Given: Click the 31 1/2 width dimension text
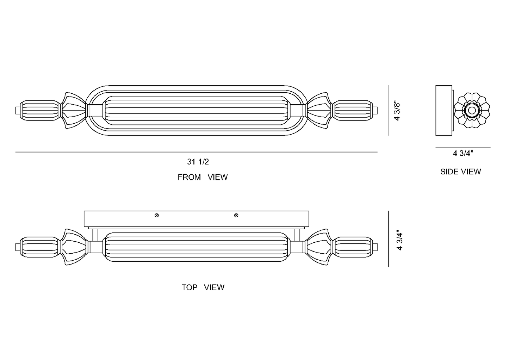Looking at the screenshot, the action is pos(198,162).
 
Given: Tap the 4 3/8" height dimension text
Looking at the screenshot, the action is pos(397,111).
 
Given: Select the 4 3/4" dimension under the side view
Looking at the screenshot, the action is pos(463,154).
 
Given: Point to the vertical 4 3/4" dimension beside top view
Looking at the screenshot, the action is pos(399,241).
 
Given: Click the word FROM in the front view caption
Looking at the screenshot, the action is pos(189,177).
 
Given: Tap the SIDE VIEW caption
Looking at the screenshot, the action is pos(461,172).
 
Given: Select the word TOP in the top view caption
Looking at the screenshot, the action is pos(190,287).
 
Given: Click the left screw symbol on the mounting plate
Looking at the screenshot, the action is pos(156,216).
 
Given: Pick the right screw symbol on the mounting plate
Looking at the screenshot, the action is pos(236,216).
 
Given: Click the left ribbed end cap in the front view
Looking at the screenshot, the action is pos(40,111).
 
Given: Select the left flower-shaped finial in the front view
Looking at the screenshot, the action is pos(74,111).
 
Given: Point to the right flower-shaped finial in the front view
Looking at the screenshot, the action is pos(318,111).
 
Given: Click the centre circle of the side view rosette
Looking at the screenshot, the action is pos(472,111).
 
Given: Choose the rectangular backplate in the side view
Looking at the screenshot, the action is pos(443,111).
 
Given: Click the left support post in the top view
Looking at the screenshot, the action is pos(95,235).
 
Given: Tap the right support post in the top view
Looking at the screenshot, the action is pos(297,235).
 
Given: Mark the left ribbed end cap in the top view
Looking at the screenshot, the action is pos(40,247).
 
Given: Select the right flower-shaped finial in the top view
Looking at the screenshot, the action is pos(318,247).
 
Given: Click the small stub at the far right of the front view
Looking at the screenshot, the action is pos(375,111).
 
